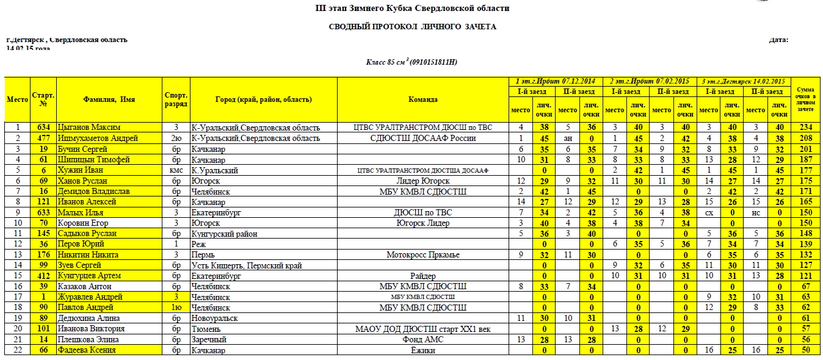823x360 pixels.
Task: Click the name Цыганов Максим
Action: pyautogui.click(x=89, y=128)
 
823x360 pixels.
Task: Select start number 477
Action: pyautogui.click(x=43, y=138)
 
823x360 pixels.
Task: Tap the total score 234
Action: pyautogui.click(x=805, y=128)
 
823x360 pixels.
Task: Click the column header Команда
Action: pyautogui.click(x=423, y=99)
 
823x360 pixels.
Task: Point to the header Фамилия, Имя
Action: pyautogui.click(x=109, y=99)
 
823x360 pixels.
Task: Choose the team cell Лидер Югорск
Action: pyautogui.click(x=423, y=181)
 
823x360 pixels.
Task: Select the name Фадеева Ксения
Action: pyautogui.click(x=87, y=350)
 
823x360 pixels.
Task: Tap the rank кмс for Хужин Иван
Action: pyautogui.click(x=176, y=170)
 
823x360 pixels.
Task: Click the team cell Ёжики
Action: pyautogui.click(x=423, y=350)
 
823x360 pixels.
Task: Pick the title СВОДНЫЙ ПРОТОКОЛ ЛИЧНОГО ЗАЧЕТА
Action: pyautogui.click(x=412, y=27)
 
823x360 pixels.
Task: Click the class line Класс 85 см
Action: pyautogui.click(x=411, y=62)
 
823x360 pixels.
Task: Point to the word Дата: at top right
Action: pyautogui.click(x=778, y=40)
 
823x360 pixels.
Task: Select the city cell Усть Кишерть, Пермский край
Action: pyautogui.click(x=246, y=265)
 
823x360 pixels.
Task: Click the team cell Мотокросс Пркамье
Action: pyautogui.click(x=423, y=254)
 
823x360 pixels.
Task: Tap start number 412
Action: pyautogui.click(x=43, y=276)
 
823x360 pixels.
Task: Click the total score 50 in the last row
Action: pyautogui.click(x=805, y=350)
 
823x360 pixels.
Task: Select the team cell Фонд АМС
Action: pyautogui.click(x=423, y=340)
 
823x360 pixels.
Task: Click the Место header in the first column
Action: pyautogui.click(x=17, y=99)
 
